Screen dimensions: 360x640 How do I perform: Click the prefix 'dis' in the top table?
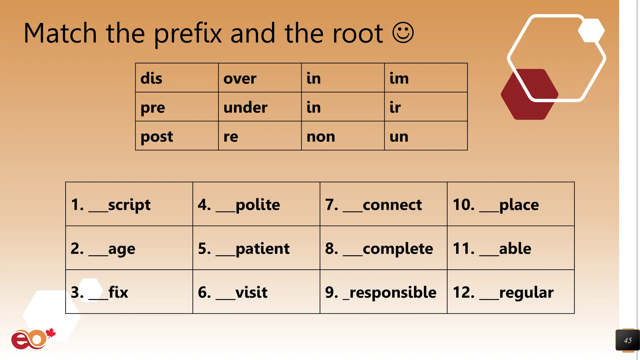coord(151,78)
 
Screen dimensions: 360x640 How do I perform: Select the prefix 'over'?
coord(240,78)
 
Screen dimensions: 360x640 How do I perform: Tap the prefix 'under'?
coord(245,107)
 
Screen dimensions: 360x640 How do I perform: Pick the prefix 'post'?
coord(157,137)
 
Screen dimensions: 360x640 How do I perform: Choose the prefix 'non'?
coord(321,137)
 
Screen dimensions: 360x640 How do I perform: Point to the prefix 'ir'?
coord(395,107)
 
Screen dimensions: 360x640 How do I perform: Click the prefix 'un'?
coord(399,137)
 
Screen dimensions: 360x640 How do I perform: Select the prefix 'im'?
coord(399,78)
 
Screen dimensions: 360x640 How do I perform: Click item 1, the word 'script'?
coord(129,205)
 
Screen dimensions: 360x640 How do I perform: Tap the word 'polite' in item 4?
coord(258,205)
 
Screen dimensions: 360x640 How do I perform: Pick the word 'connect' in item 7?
coord(392,205)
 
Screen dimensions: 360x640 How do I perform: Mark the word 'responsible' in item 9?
coord(393,292)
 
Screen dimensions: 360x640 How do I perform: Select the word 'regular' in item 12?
coord(526,292)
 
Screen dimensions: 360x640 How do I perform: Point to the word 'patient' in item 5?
coord(262,249)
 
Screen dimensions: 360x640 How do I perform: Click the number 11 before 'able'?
coord(463,249)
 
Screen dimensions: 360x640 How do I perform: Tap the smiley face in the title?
coord(403,32)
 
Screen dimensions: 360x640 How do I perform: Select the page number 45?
coord(628,340)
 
